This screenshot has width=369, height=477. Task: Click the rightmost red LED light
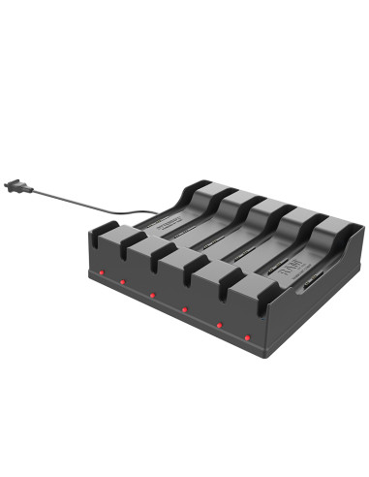coord(248,336)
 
